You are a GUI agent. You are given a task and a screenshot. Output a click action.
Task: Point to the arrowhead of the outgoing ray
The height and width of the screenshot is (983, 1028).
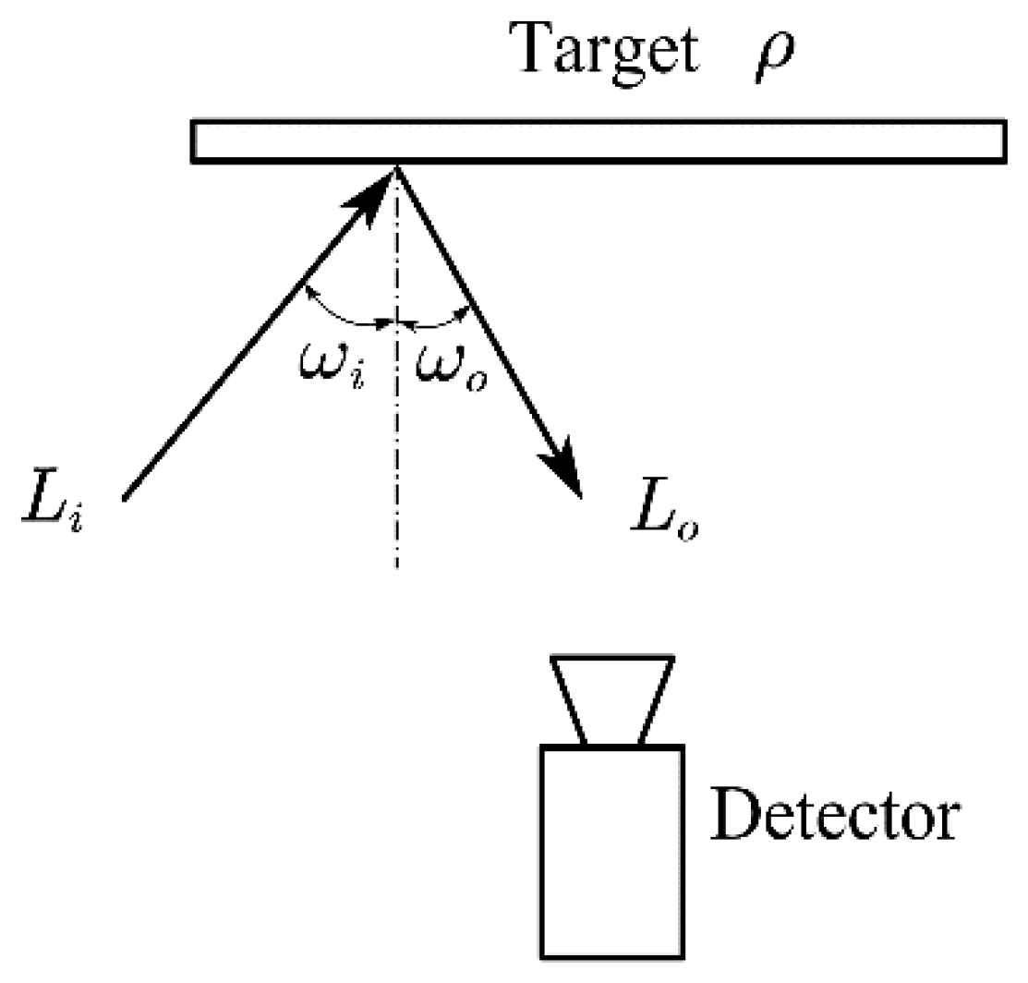point(563,471)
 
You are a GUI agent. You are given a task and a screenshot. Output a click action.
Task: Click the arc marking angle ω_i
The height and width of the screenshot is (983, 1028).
point(346,314)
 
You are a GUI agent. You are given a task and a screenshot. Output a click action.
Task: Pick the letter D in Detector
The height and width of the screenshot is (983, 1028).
point(732,813)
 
